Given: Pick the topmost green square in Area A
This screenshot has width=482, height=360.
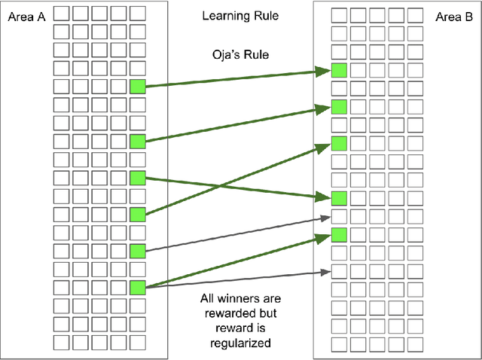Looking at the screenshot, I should coord(136,86).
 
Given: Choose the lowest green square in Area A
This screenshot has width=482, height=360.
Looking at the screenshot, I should coord(136,287).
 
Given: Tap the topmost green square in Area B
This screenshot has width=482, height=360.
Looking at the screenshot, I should coord(339,71).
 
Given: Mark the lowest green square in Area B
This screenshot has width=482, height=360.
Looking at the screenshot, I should coord(339,234).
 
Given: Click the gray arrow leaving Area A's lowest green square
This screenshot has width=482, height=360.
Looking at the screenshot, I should coord(233,279).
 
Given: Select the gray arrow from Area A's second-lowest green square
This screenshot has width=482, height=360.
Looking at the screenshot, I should coord(233,233).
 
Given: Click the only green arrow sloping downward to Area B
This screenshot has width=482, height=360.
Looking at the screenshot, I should coord(233,187).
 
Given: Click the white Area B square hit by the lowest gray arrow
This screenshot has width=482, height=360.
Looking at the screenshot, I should coord(339,270).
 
